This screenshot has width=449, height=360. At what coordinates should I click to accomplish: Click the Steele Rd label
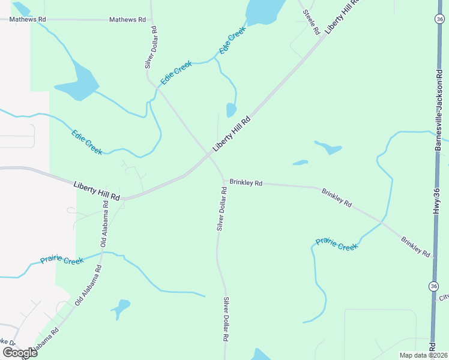point(311,22)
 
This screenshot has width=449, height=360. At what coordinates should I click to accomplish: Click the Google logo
point(20,352)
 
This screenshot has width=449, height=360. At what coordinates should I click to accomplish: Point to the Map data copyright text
point(423,355)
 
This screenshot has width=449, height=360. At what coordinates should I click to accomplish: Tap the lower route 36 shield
point(433,287)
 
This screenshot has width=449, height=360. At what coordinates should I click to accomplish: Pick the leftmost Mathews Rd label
point(28,20)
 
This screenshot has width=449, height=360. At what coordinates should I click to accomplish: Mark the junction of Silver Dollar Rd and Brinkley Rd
point(223,181)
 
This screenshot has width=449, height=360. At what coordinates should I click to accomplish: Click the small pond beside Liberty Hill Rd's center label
point(231,110)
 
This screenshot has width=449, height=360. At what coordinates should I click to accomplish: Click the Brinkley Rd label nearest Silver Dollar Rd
point(246,183)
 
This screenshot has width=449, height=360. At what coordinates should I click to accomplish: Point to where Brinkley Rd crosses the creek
point(382,222)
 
